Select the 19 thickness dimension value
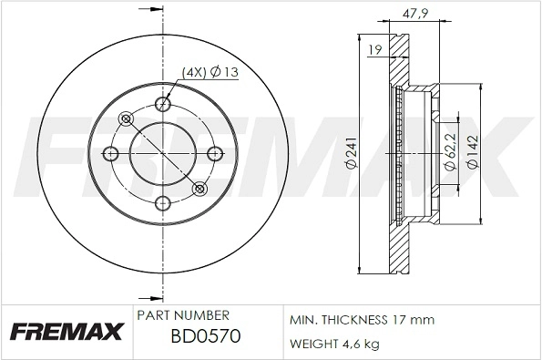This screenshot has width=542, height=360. [x=374, y=52]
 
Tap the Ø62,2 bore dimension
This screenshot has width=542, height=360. [x=449, y=153]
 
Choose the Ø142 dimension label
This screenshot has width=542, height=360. [x=473, y=153]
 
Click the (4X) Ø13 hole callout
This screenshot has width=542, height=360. [x=210, y=72]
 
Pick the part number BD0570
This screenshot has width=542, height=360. [x=206, y=337]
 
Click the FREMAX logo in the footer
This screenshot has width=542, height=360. [x=65, y=331]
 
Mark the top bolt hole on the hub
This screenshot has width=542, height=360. [x=163, y=103]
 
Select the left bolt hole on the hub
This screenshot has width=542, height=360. [x=113, y=153]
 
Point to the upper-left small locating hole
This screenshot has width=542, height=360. [x=127, y=118]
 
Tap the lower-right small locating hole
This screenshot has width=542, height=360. [x=199, y=189]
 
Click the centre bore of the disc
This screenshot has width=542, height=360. [x=163, y=153]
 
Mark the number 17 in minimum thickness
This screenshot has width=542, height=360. [x=400, y=320]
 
